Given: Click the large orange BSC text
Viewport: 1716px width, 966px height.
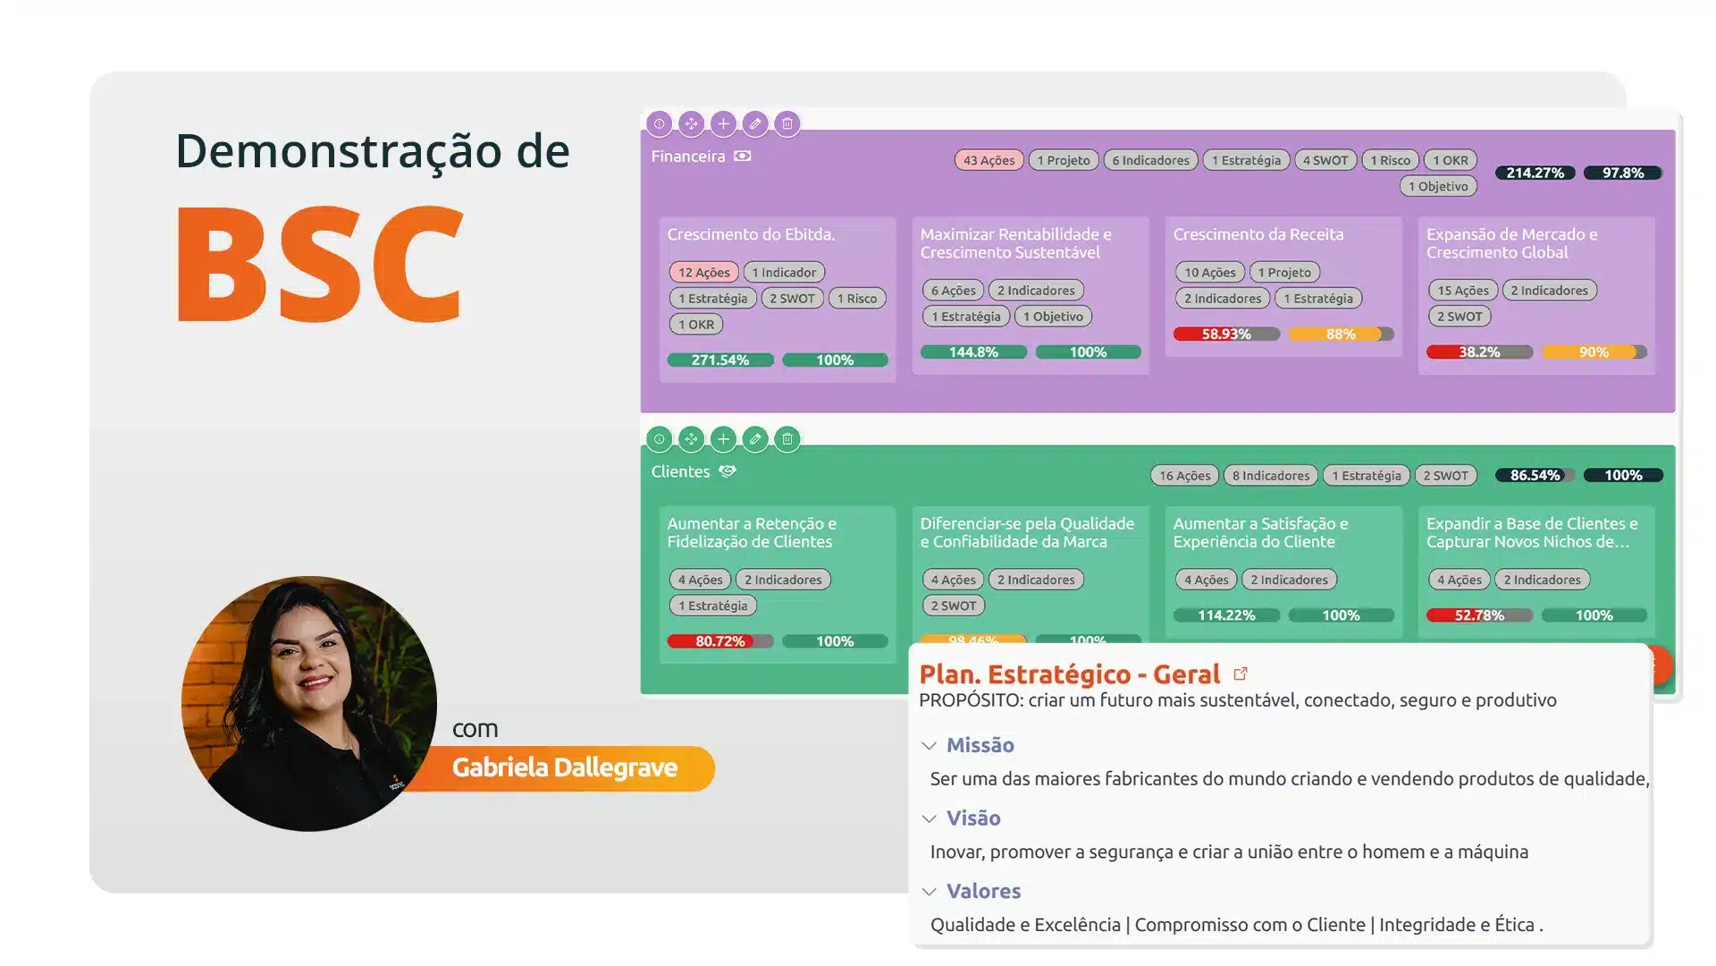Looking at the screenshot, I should click(x=320, y=265).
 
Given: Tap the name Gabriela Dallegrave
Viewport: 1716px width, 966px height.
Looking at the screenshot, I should click(x=564, y=767).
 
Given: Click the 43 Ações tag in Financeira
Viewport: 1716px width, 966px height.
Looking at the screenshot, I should click(x=988, y=160).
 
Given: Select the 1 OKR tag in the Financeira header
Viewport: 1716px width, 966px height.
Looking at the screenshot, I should click(x=1450, y=160).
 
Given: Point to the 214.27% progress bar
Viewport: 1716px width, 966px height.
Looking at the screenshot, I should click(x=1535, y=173).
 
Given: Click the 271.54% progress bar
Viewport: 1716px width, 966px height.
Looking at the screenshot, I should click(x=719, y=360).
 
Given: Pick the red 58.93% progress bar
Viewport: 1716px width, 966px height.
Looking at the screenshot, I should click(x=1225, y=334).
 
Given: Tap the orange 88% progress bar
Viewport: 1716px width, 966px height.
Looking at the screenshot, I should click(x=1341, y=334).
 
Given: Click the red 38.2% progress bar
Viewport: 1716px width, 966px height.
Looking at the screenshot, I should click(x=1478, y=352).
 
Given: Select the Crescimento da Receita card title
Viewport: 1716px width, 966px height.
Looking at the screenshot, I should click(x=1258, y=234).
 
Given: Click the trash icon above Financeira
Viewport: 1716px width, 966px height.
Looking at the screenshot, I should click(x=786, y=123).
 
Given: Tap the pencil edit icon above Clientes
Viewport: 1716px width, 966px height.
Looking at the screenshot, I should click(x=755, y=438).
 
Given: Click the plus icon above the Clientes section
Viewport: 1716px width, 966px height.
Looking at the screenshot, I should click(x=723, y=438).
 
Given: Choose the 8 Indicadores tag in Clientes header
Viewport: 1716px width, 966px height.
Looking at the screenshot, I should click(x=1270, y=475).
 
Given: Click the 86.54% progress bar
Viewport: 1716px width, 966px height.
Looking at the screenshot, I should click(x=1535, y=475).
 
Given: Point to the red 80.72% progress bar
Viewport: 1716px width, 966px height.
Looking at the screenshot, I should click(x=719, y=640).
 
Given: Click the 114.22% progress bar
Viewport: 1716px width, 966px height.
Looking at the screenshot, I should click(x=1225, y=614).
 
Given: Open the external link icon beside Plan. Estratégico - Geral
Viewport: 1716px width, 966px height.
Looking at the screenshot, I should click(x=1241, y=674).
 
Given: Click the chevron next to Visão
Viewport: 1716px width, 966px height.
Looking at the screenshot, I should click(x=929, y=818).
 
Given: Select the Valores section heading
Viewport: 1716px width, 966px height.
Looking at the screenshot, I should click(x=983, y=891).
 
